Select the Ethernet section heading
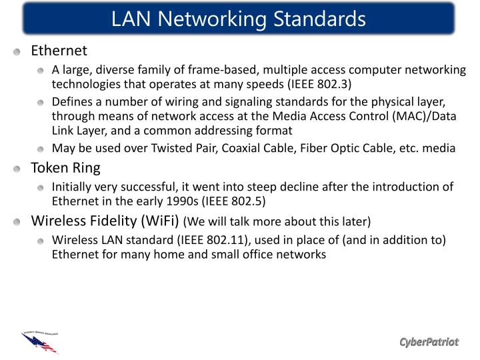pos(59,51)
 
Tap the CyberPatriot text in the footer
pos(429,342)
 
